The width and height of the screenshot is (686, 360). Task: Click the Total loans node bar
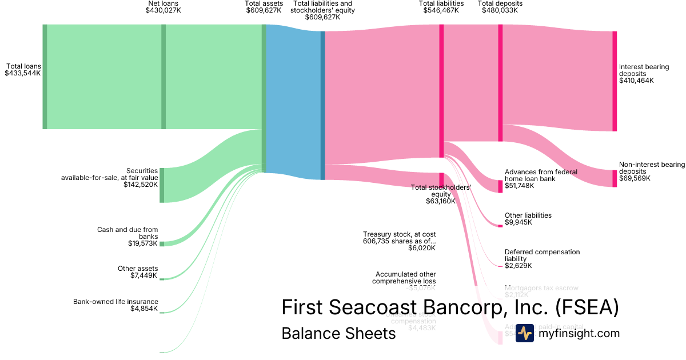click(x=45, y=77)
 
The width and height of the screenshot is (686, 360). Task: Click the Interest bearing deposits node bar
click(x=615, y=81)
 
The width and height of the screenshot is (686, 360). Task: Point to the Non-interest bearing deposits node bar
click(x=615, y=178)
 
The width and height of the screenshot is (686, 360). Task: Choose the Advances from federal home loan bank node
click(x=500, y=186)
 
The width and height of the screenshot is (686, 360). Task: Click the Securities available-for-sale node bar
click(x=162, y=185)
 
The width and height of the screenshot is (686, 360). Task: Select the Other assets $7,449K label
click(x=138, y=272)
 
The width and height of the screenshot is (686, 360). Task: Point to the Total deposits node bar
click(x=500, y=83)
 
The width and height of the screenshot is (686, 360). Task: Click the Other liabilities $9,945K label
click(x=528, y=219)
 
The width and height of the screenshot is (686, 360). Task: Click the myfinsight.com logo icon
click(x=524, y=333)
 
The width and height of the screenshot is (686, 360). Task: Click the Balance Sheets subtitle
click(x=338, y=333)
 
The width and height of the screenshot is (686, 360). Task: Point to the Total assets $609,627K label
click(x=264, y=7)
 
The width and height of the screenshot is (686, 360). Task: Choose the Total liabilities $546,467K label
click(x=441, y=7)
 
